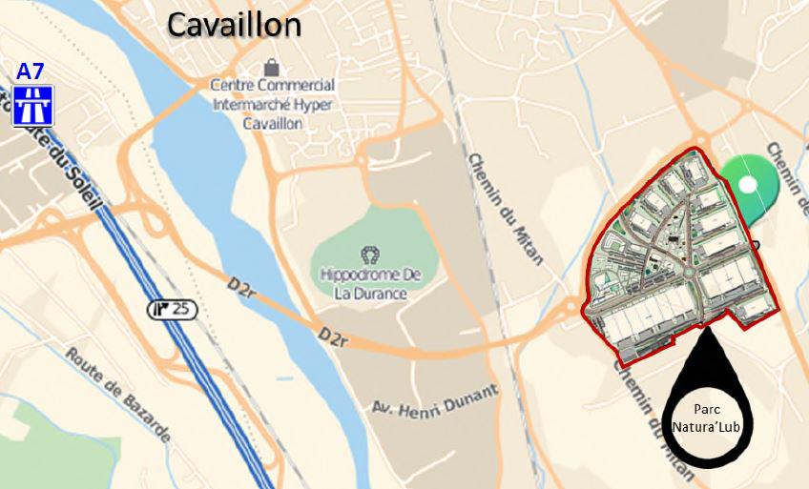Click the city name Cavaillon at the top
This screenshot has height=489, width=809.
[234, 25]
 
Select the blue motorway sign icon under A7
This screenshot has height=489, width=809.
[32, 105]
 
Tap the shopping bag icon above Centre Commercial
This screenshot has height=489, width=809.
[272, 68]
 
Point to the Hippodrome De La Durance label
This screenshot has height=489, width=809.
[370, 284]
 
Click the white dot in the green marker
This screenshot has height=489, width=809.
[749, 184]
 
